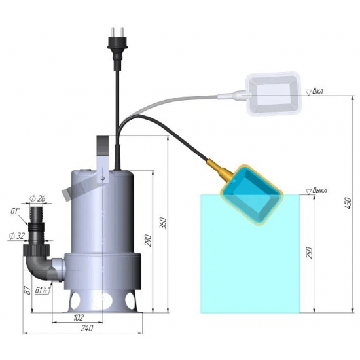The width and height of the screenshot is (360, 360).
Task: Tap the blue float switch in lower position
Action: [253, 195]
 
